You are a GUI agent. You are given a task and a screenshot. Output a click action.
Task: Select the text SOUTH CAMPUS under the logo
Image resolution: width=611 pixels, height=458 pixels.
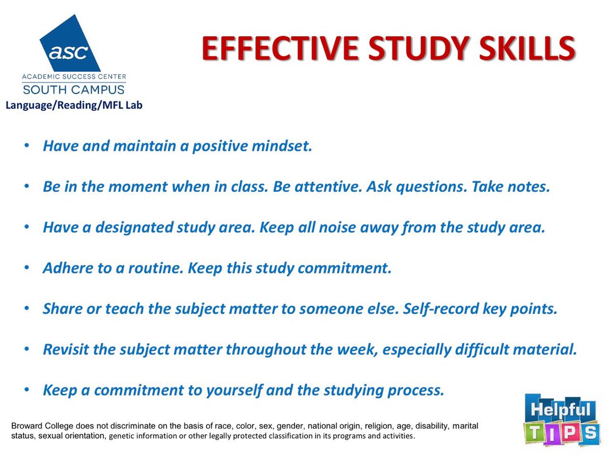73,90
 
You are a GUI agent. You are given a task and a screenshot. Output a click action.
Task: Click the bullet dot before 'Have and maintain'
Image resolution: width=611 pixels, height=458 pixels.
26,146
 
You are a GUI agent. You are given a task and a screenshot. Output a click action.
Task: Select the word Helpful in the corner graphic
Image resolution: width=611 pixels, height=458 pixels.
559,410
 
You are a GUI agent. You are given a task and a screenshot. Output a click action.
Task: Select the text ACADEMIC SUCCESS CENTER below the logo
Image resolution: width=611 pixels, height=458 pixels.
73,77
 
